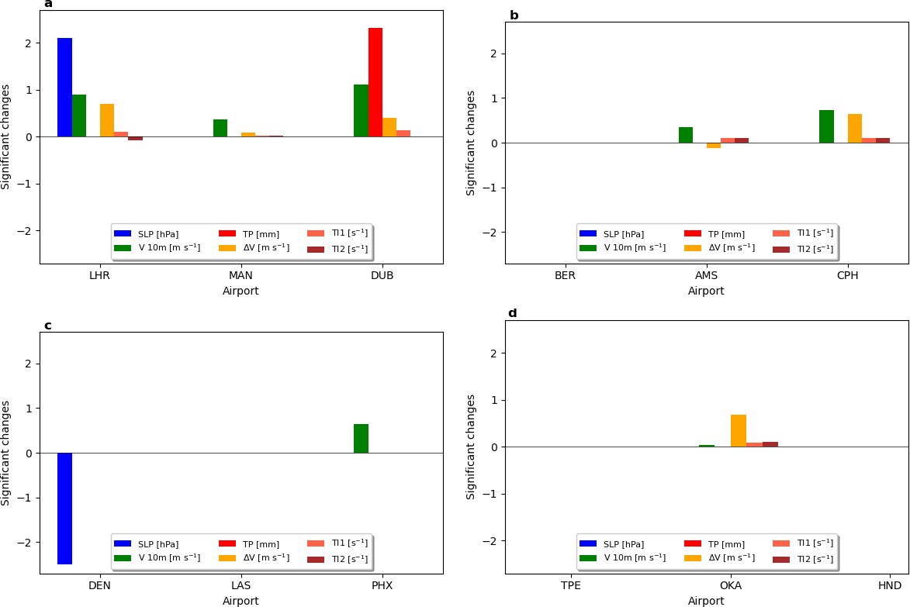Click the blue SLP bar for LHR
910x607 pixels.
[64, 87]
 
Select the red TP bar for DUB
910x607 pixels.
[375, 82]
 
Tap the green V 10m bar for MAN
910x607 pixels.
[220, 128]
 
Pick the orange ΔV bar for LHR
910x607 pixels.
[107, 120]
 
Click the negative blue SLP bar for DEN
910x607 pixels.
[64, 509]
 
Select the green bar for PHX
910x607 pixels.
[361, 439]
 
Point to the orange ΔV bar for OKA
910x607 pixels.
[739, 431]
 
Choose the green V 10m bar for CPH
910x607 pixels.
[826, 126]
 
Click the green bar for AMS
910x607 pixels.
[686, 135]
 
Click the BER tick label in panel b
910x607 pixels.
[566, 275]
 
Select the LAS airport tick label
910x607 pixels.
[241, 585]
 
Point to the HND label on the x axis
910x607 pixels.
[890, 585]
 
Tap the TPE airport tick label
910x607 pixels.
[571, 585]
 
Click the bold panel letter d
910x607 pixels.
[512, 314]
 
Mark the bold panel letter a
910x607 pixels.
[48, 4]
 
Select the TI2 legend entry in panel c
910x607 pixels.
[338, 559]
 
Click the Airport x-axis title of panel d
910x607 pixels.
[706, 601]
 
